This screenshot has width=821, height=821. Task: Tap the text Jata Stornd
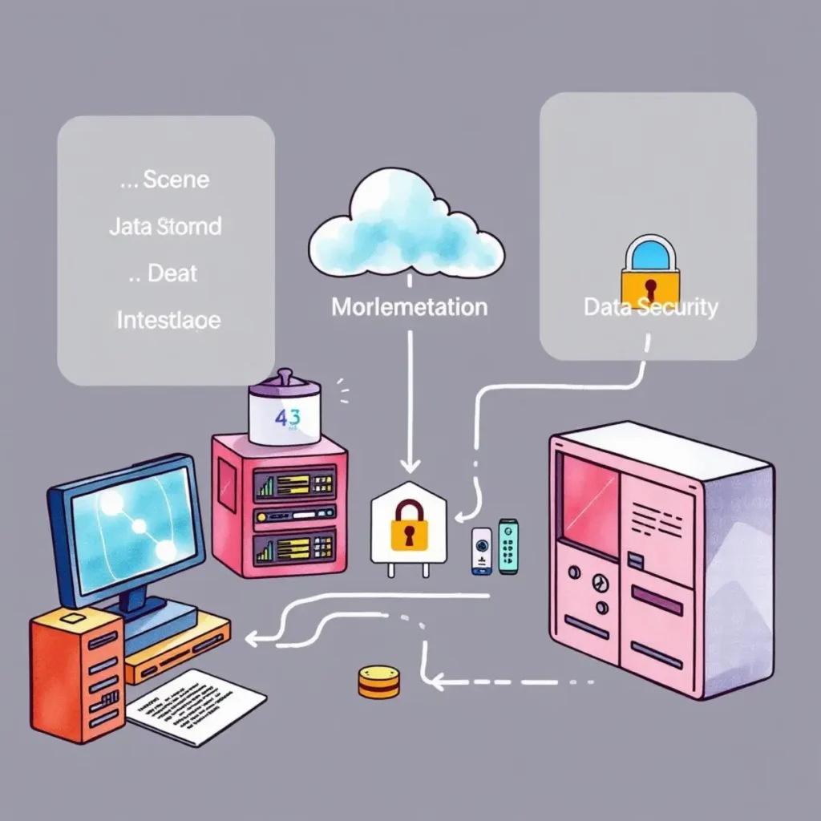[x=164, y=226]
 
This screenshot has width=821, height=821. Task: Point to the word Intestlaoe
[x=168, y=320]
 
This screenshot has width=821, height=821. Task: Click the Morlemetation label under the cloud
[x=409, y=306]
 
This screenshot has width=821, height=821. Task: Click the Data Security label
[x=650, y=306]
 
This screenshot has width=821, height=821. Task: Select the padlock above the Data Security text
[x=650, y=269]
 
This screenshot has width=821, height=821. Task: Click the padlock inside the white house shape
[x=409, y=525]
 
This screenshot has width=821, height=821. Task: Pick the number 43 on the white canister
[x=285, y=418]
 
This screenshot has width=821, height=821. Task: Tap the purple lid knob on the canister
[x=285, y=376]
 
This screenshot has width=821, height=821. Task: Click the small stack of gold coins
[x=378, y=681]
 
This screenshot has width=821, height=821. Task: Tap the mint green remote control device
[x=508, y=546]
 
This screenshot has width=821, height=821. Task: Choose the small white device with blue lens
[x=480, y=551]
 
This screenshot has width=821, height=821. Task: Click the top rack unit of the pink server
[x=294, y=483]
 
